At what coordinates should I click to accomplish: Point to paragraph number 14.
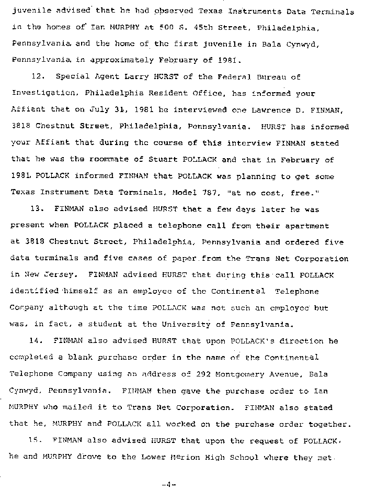[x=36, y=341]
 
